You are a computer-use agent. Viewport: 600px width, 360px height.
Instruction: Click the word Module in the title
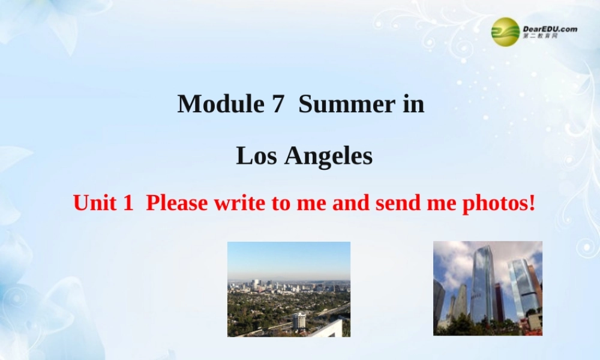point(220,104)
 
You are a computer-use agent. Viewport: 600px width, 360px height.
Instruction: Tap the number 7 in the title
point(277,104)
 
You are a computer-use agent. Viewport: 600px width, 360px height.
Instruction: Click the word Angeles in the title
point(328,156)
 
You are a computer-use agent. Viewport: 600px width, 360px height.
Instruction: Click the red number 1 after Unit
point(127,203)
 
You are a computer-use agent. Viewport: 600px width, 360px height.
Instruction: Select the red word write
point(239,203)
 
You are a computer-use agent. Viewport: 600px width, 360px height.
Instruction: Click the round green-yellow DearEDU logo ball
point(505,31)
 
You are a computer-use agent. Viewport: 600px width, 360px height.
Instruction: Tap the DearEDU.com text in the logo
point(550,28)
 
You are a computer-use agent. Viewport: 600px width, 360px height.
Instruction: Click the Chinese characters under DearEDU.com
point(540,37)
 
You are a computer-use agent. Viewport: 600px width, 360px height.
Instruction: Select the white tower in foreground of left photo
point(299,320)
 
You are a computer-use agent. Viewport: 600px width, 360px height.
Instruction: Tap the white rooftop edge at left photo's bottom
point(330,329)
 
